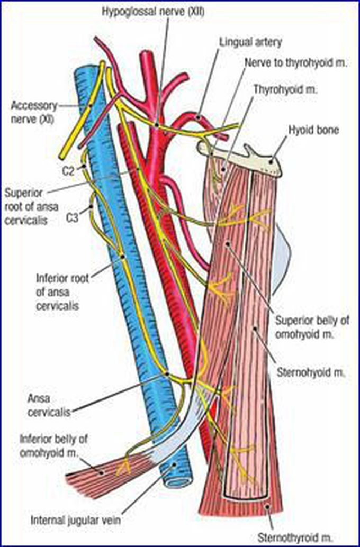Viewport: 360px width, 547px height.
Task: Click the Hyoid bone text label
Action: pyautogui.click(x=314, y=129)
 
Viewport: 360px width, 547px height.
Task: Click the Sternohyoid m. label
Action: pyautogui.click(x=310, y=372)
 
